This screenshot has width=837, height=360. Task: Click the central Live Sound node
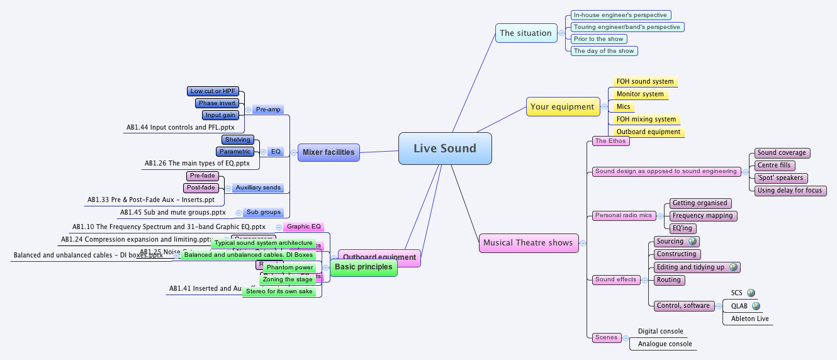pyautogui.click(x=445, y=149)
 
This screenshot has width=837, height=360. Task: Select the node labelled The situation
pyautogui.click(x=525, y=33)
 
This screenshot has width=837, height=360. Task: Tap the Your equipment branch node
pyautogui.click(x=562, y=107)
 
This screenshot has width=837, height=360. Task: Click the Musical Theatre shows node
pyautogui.click(x=528, y=243)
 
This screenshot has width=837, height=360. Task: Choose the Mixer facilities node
pyautogui.click(x=328, y=152)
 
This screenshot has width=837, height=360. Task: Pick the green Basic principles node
pyautogui.click(x=363, y=267)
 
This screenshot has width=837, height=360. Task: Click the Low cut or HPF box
pyautogui.click(x=213, y=91)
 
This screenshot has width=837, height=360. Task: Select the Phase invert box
pyautogui.click(x=216, y=103)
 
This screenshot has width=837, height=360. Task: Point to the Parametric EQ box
pyautogui.click(x=235, y=152)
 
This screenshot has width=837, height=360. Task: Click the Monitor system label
pyautogui.click(x=640, y=94)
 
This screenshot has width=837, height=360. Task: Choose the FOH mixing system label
pyautogui.click(x=646, y=119)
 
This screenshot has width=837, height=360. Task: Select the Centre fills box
pyautogui.click(x=774, y=166)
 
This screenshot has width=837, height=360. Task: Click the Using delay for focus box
pyautogui.click(x=790, y=190)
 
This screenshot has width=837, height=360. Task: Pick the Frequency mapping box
pyautogui.click(x=702, y=216)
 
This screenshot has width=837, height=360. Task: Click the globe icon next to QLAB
pyautogui.click(x=756, y=306)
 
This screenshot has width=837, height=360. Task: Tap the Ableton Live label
pyautogui.click(x=750, y=319)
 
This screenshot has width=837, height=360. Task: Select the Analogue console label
pyautogui.click(x=665, y=344)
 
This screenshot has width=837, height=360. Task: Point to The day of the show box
pyautogui.click(x=604, y=51)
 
